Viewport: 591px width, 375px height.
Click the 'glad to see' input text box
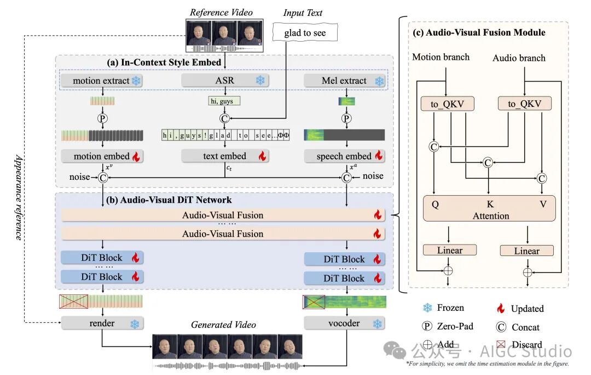[x=304, y=33]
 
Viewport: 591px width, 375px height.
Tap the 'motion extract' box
[x=102, y=81]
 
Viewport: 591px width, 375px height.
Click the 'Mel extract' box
[x=344, y=81]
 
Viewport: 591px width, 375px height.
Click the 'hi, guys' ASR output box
[x=224, y=100]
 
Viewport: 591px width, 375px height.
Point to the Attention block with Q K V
[x=490, y=208]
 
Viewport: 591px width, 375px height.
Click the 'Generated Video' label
[x=223, y=325]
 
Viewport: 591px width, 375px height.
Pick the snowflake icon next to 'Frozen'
[x=427, y=308]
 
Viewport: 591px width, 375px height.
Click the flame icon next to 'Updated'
[x=501, y=308]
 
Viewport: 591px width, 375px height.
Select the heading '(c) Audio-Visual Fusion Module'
[x=479, y=32]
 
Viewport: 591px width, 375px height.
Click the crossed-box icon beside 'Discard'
[x=501, y=344]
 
